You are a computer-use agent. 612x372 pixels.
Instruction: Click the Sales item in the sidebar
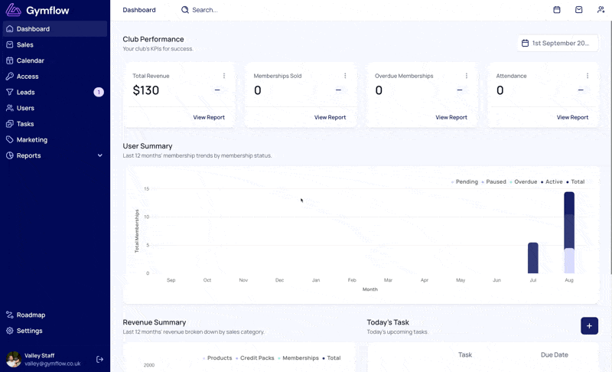25,45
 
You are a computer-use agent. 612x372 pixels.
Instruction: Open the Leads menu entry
26,92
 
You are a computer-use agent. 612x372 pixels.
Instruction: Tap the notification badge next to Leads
99,92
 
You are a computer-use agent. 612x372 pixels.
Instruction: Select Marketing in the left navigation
32,140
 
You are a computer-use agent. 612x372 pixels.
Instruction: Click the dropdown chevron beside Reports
100,155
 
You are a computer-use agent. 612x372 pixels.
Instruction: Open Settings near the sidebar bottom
29,331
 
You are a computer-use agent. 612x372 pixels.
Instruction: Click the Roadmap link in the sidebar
31,315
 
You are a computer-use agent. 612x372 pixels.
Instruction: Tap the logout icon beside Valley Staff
100,359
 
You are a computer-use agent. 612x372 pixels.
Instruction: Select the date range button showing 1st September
558,44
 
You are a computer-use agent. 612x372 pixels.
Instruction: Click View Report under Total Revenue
209,117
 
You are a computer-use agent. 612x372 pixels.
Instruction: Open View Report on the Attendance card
572,117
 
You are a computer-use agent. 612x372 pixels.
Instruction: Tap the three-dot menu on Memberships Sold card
345,76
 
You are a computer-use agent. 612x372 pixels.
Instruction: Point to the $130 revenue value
146,90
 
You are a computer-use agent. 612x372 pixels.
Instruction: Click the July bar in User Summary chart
532,258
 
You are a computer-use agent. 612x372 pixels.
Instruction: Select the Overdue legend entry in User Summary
523,182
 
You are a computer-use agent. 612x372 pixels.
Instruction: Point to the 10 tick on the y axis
146,217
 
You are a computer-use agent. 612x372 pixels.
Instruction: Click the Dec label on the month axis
279,280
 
